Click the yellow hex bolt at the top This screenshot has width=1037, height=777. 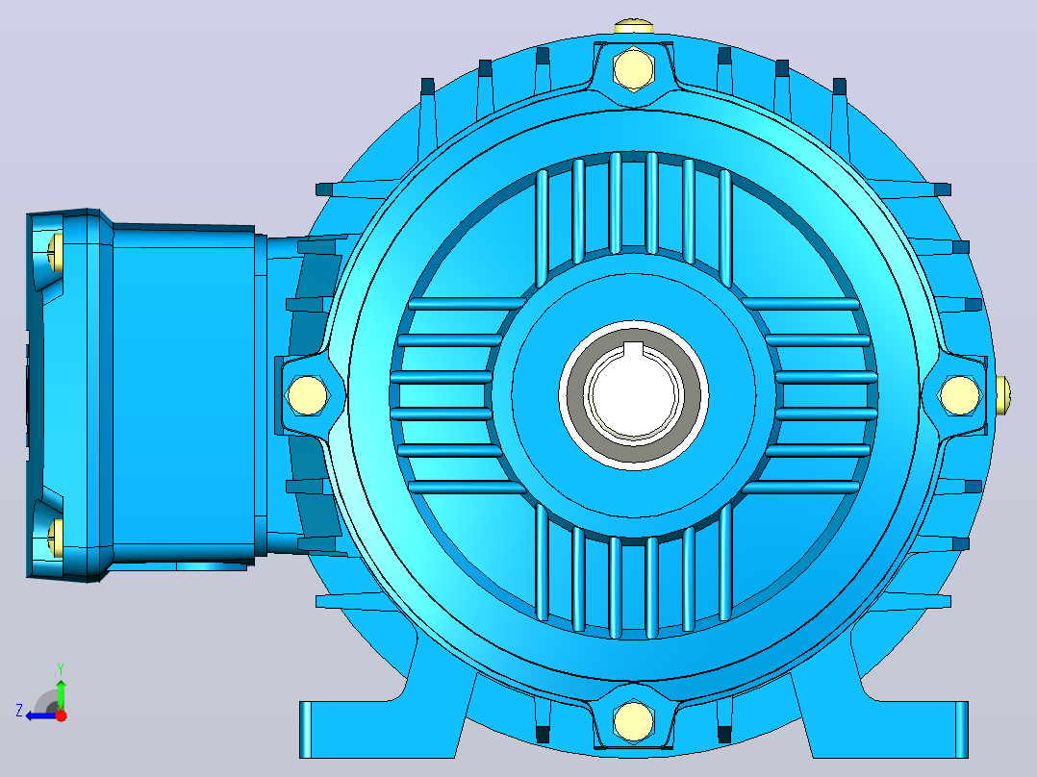634,68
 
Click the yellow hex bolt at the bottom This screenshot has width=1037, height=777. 634,721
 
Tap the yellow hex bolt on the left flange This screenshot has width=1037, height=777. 308,395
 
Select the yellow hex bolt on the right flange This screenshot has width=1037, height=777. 960,395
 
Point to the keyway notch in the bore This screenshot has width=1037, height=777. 634,350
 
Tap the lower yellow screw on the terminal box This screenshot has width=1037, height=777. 54,536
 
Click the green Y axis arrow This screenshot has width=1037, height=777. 61,693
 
